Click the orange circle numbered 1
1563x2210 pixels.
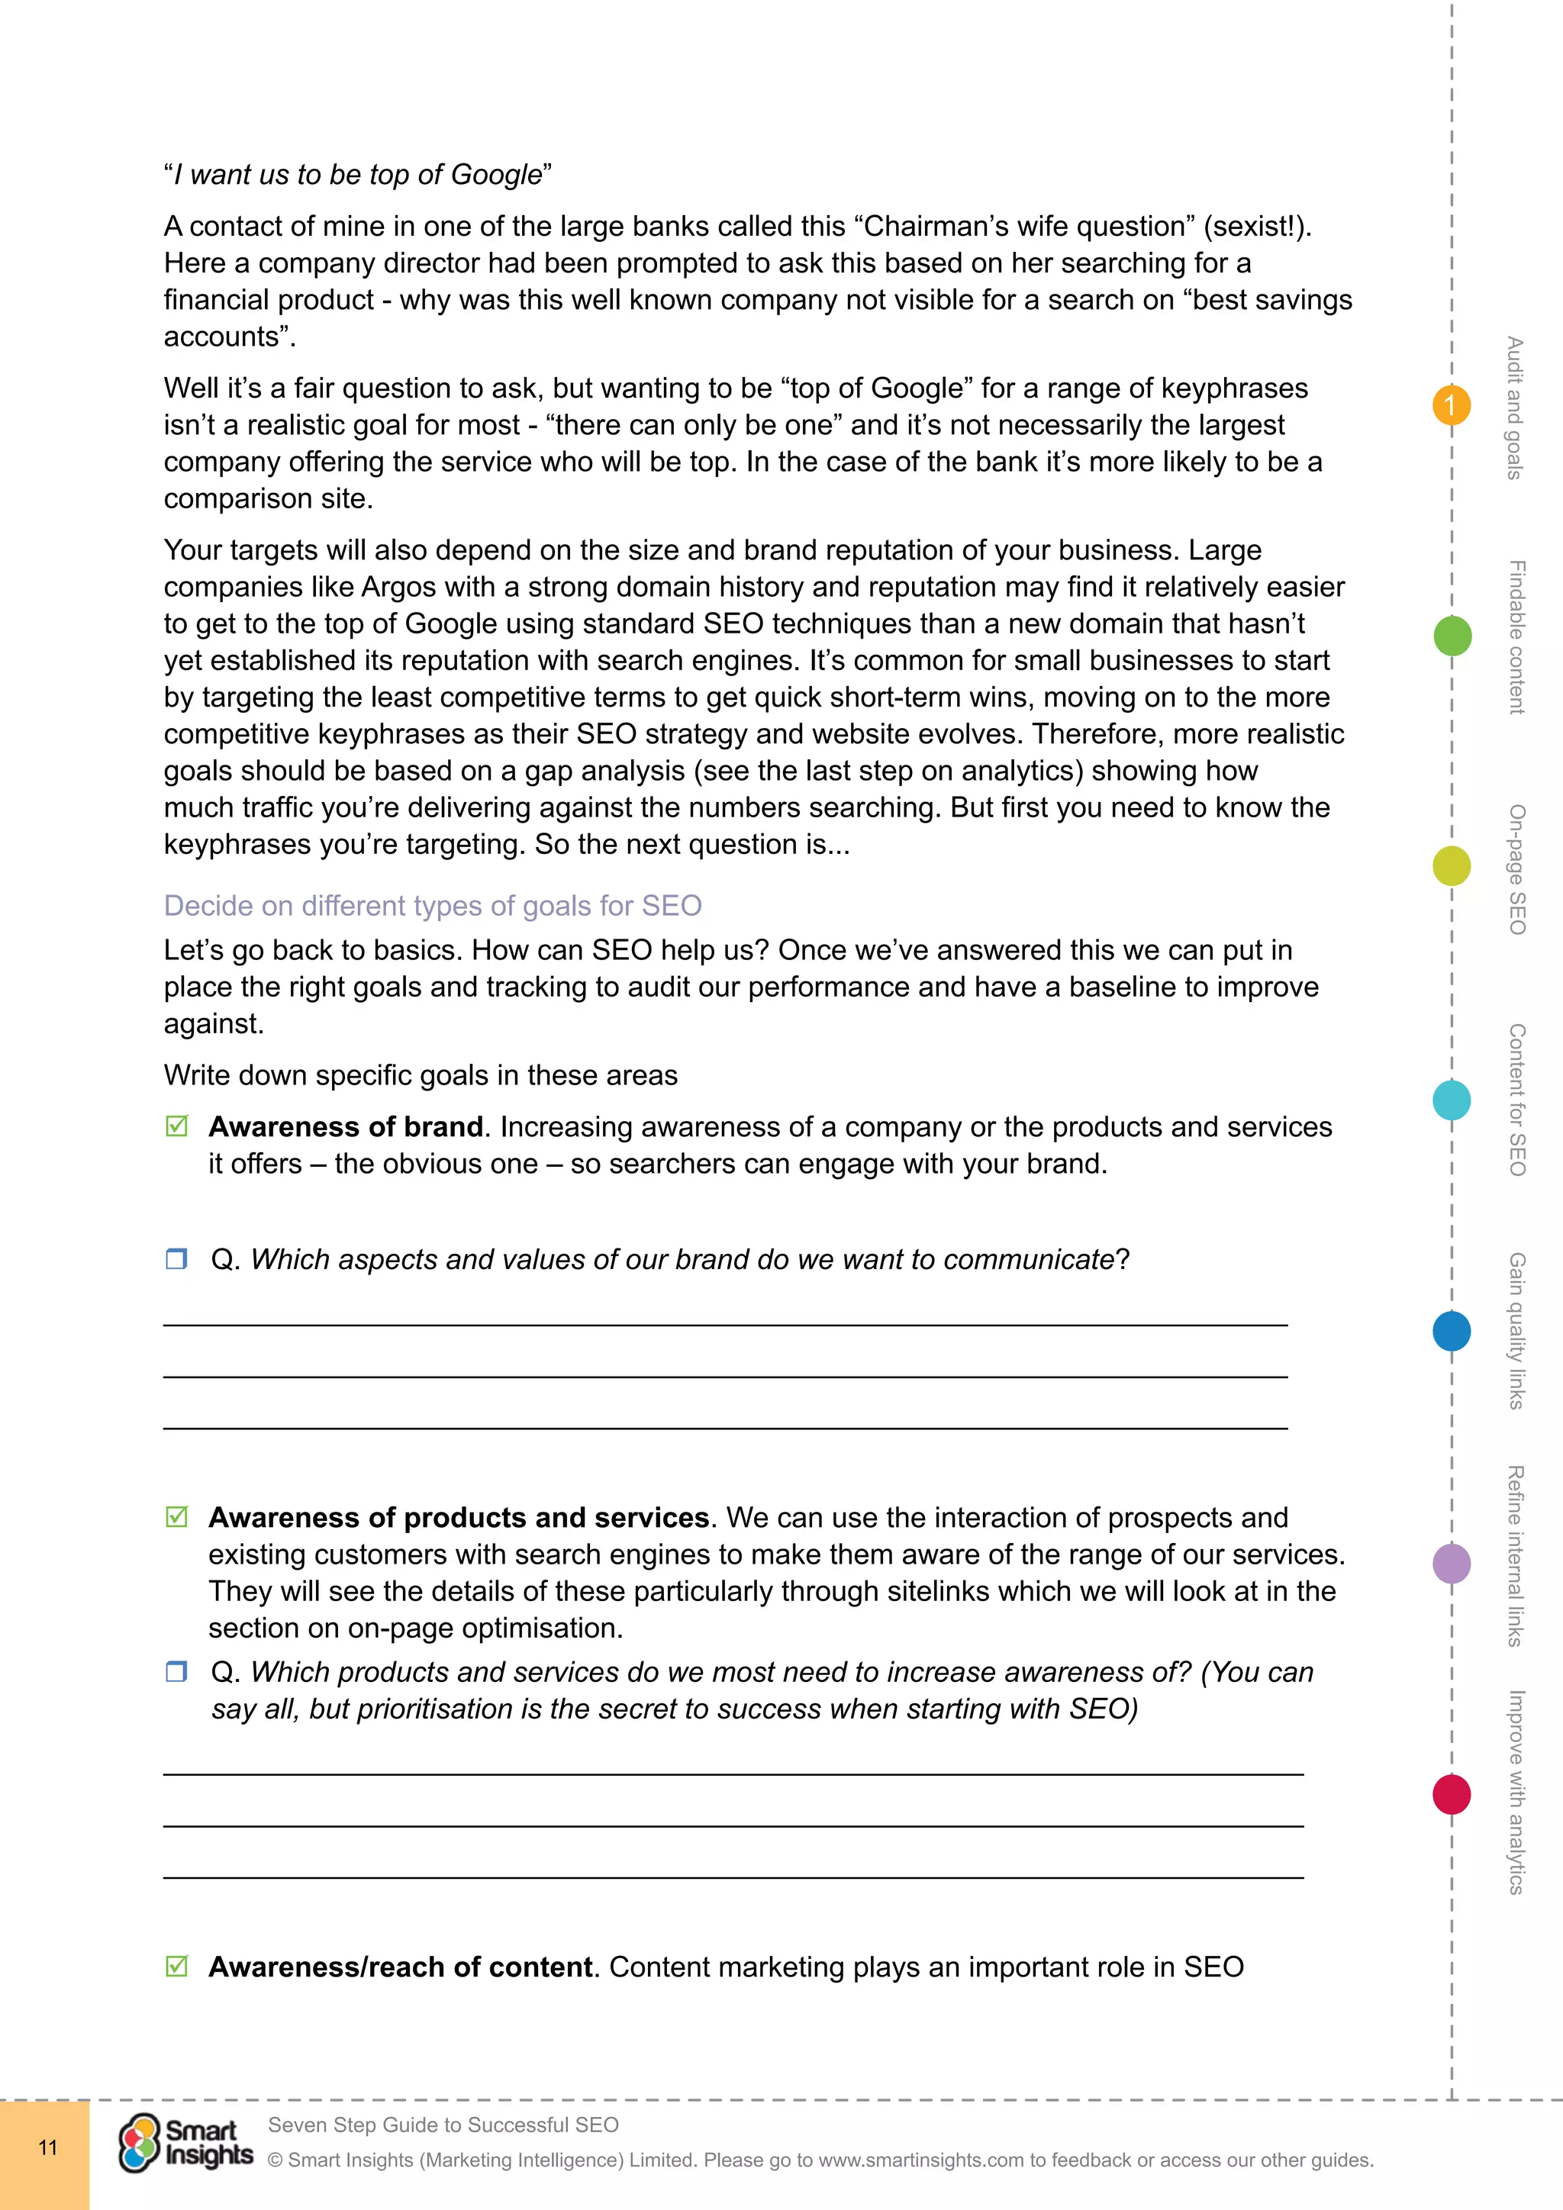point(1452,405)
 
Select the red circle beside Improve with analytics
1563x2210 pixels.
point(1452,1794)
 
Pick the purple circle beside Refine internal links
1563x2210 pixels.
point(1452,1563)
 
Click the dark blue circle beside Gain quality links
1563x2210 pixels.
point(1452,1331)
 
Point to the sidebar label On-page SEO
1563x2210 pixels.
point(1516,869)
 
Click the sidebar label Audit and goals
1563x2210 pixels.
point(1515,408)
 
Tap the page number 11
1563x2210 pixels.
point(47,2147)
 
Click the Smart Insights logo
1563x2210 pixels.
point(185,2144)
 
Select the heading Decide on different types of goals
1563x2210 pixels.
point(432,906)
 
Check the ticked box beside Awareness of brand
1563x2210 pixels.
point(177,1126)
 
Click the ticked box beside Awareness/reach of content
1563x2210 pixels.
point(177,1967)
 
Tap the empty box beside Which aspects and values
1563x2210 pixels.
point(176,1259)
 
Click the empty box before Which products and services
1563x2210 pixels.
point(176,1672)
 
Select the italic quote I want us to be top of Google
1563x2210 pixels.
point(358,176)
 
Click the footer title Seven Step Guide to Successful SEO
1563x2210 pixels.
point(443,2125)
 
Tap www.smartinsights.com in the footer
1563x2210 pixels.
point(920,2160)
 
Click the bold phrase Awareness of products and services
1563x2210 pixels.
point(459,1518)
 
